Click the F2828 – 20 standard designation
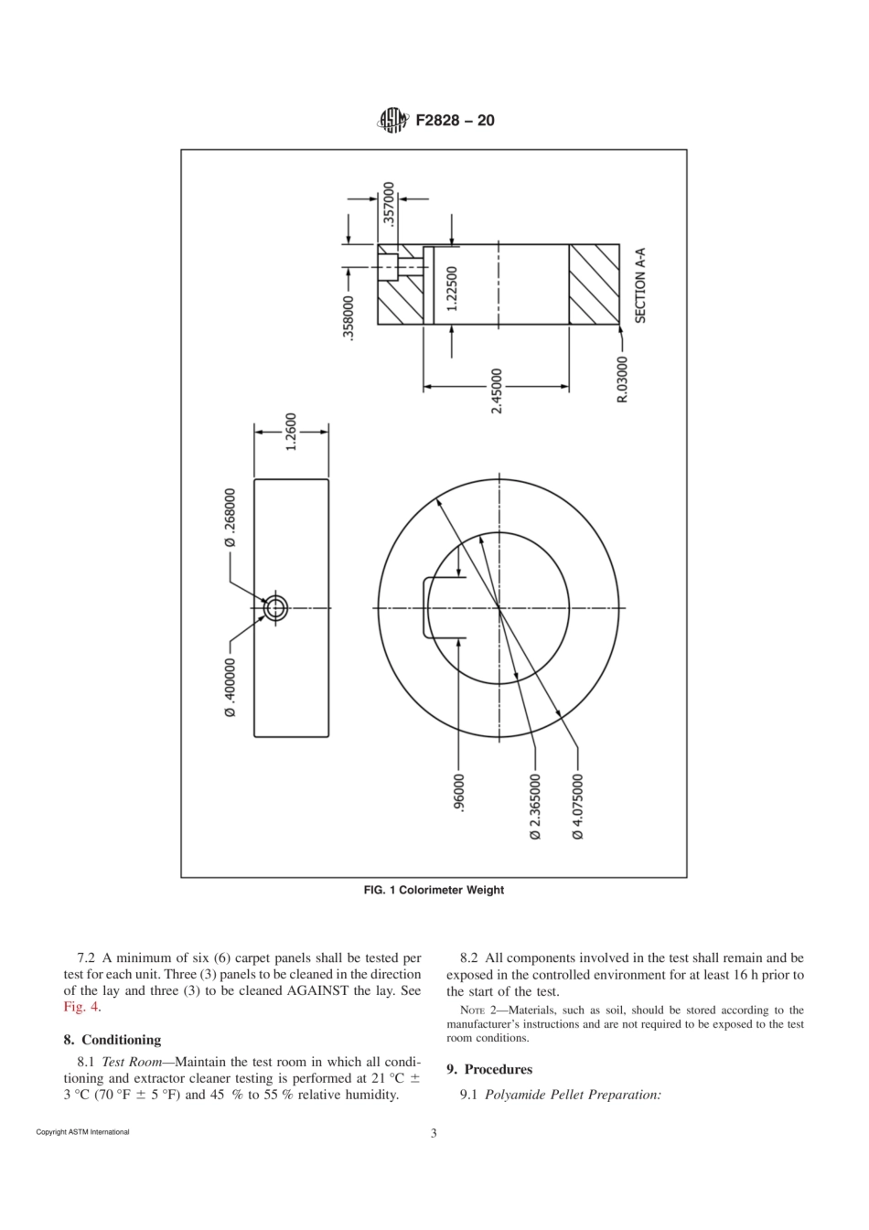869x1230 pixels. (x=455, y=120)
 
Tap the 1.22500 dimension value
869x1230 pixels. (x=452, y=289)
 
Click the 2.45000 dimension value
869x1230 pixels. (x=497, y=391)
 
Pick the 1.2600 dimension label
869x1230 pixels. (x=292, y=431)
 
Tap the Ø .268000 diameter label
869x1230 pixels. (x=231, y=518)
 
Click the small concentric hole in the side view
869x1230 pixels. (x=275, y=607)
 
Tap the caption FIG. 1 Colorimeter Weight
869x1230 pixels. (x=434, y=890)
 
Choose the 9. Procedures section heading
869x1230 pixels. (x=489, y=1069)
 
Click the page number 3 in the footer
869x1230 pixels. (x=434, y=1134)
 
